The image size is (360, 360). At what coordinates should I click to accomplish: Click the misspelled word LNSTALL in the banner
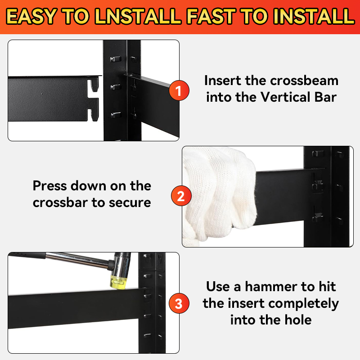(x=138, y=16)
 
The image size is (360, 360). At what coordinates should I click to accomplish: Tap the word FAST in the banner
(x=211, y=16)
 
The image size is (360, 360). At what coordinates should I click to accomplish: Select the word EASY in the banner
(x=31, y=16)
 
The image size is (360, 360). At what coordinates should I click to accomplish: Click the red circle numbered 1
(x=179, y=90)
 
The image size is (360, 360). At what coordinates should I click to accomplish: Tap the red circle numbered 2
(x=181, y=196)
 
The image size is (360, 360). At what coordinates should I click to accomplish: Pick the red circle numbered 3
(x=179, y=303)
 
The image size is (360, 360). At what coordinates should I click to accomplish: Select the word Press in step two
(x=50, y=185)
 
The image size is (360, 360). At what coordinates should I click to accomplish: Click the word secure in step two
(x=130, y=203)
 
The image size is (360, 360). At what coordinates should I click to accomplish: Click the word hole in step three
(x=298, y=320)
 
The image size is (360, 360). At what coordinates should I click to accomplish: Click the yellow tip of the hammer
(x=118, y=282)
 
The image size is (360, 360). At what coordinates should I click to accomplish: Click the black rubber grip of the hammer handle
(x=27, y=255)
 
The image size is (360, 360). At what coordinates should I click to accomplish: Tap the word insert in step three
(x=246, y=303)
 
